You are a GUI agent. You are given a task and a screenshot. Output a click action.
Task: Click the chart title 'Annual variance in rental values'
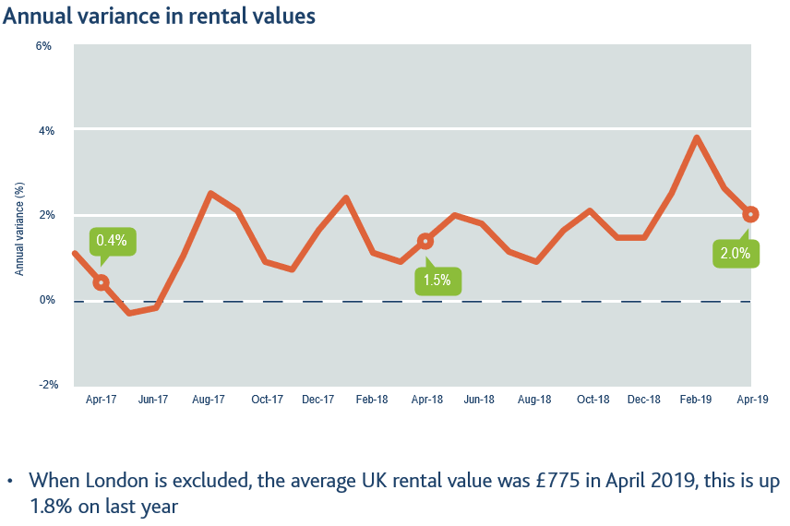(160, 16)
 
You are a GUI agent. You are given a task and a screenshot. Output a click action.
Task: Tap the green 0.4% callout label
(112, 241)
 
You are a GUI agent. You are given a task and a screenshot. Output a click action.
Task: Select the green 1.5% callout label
(437, 281)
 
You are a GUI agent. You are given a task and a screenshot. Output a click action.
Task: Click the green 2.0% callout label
(736, 253)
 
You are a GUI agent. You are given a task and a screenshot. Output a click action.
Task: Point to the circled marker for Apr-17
(102, 282)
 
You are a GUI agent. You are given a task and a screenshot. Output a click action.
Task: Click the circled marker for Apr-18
(425, 242)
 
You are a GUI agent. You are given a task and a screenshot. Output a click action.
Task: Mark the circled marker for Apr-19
(751, 214)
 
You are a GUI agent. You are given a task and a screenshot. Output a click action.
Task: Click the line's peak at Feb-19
(697, 138)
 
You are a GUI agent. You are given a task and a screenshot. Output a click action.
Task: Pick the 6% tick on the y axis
(43, 45)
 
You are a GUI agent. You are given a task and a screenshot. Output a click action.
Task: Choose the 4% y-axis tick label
(43, 130)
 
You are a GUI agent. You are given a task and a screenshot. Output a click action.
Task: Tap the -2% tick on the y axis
(42, 385)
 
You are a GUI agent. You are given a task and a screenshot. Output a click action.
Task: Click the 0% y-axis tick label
(43, 300)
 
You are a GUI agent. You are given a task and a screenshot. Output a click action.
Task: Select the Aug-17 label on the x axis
(209, 400)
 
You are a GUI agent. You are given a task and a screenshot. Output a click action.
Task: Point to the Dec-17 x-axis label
(317, 400)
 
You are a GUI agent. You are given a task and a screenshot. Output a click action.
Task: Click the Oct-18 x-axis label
(592, 400)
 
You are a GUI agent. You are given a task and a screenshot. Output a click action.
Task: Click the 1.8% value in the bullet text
(50, 506)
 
